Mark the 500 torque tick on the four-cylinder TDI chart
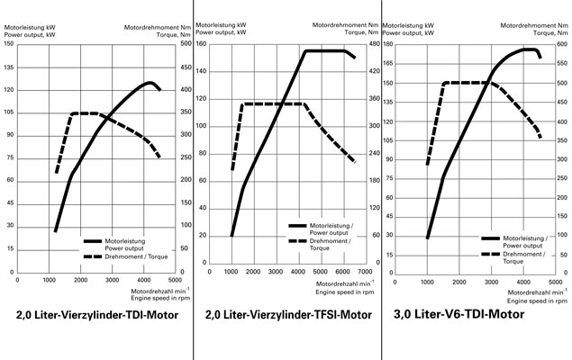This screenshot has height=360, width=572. click(x=185, y=43)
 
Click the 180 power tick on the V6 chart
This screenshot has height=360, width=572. click(x=386, y=43)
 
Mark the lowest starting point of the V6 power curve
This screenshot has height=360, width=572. click(x=427, y=238)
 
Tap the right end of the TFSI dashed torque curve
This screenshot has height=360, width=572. click(x=354, y=162)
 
